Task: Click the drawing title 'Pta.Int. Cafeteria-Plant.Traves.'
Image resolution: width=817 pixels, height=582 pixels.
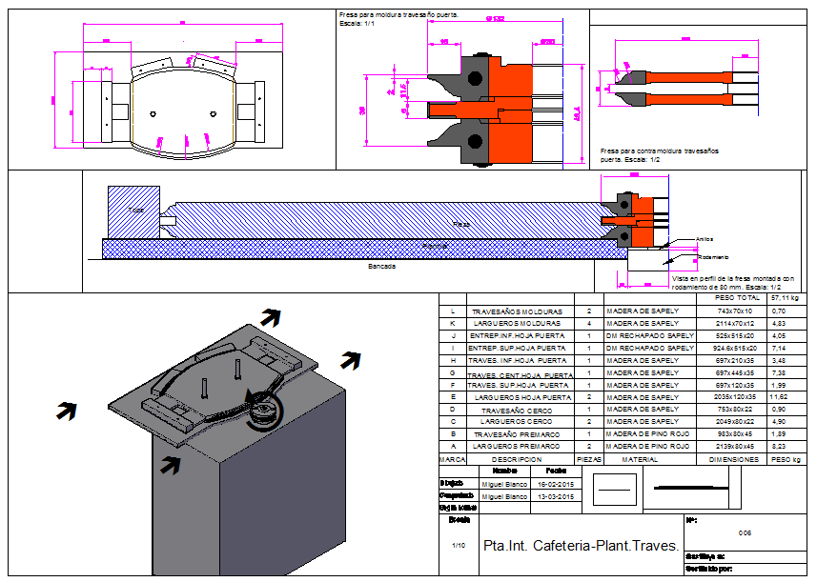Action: click(x=580, y=547)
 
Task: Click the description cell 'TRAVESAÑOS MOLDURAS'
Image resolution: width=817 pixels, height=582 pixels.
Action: click(x=516, y=311)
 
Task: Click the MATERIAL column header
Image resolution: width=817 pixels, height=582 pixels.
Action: click(x=640, y=459)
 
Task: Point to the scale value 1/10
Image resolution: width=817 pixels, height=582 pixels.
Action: click(x=459, y=545)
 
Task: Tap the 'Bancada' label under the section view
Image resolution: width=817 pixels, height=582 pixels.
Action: click(x=381, y=266)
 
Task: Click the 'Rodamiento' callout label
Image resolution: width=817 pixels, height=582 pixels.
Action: click(x=712, y=257)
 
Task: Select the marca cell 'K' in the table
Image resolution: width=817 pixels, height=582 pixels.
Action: click(x=452, y=324)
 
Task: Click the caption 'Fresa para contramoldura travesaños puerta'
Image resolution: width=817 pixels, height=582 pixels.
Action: click(x=659, y=155)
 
